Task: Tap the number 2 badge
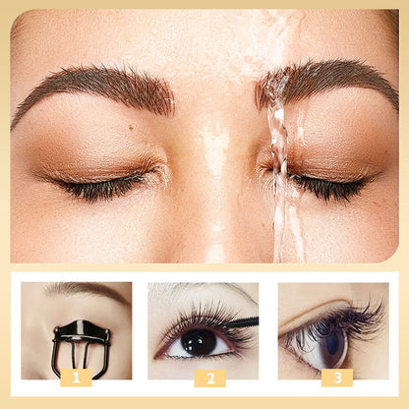coord(208,378)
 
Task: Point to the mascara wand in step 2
coord(242,322)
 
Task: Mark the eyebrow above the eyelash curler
coord(84,290)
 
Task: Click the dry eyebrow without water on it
coord(98,87)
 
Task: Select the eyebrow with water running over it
coord(324,81)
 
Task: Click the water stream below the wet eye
coord(287,226)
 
